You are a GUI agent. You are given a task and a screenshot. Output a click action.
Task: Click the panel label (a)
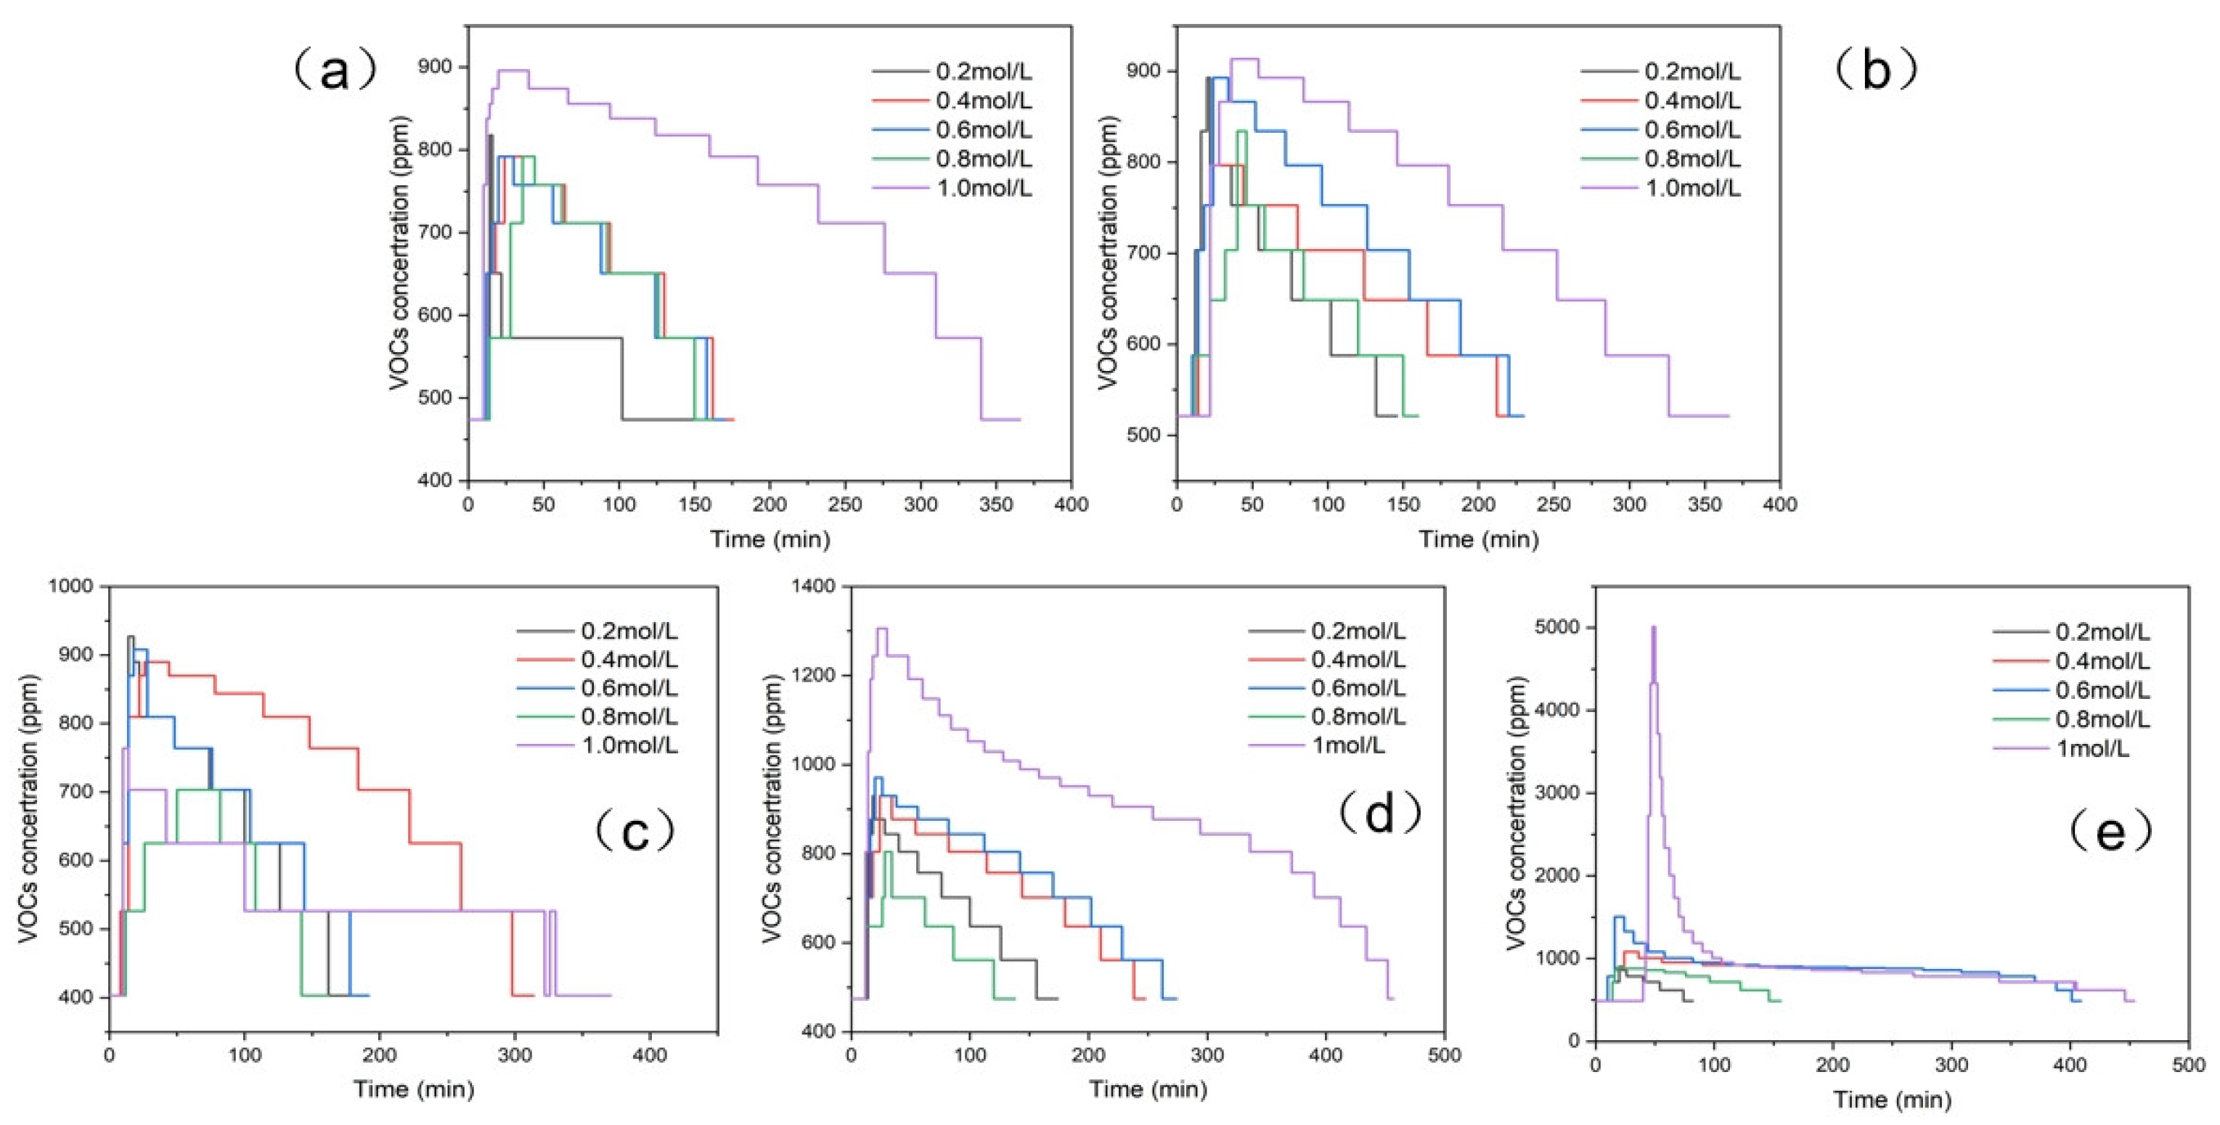coord(335,70)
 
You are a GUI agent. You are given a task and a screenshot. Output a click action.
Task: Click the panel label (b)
coord(1875,70)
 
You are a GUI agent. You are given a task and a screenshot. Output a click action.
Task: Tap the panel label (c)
coord(635,831)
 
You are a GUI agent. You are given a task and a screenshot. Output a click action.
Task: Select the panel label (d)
coord(1380,811)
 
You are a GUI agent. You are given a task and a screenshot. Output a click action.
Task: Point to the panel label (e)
coord(2110,831)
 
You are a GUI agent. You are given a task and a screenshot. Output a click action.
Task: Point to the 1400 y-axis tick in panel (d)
coord(814,586)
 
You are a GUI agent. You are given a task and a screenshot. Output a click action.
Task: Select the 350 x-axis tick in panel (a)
coord(996,504)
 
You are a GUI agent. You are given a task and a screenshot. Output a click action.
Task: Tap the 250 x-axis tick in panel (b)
coord(1554,504)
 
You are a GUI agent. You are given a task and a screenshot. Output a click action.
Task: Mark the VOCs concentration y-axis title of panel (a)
coord(400,253)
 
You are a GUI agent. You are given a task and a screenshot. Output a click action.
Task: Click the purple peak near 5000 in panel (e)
coord(1653,629)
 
